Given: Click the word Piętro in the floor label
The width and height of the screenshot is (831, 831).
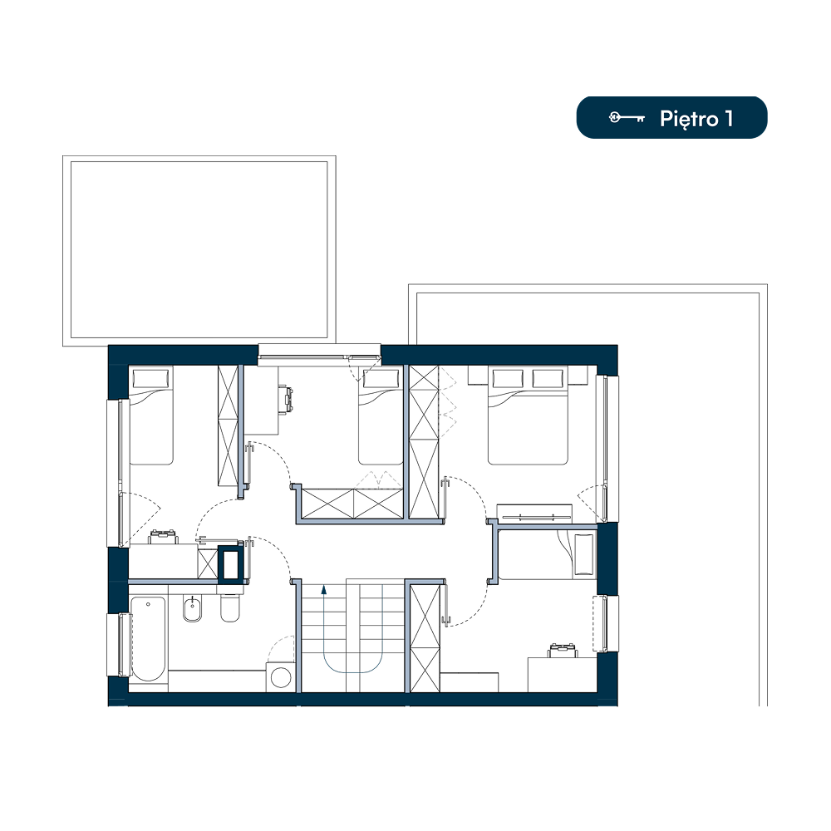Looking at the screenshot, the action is coord(688,119).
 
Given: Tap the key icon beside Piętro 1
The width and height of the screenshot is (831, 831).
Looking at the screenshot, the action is coord(627,118).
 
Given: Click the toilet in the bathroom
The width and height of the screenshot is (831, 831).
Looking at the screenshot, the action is coord(230,607).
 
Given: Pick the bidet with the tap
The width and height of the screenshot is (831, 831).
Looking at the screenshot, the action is coord(192,608).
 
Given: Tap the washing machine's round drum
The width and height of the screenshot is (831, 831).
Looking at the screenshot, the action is coord(280,677).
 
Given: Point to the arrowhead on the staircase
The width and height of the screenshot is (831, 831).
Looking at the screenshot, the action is coord(324,589).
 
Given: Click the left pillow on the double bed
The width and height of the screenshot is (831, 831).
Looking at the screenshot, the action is coord(508,378).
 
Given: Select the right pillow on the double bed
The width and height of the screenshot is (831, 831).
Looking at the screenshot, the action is coord(548,378).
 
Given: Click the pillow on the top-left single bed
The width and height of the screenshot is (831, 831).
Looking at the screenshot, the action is coord(151,378).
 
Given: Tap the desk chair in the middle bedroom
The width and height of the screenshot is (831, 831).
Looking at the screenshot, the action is coord(288,399).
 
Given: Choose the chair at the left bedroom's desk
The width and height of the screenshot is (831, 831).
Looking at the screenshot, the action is coord(163,536).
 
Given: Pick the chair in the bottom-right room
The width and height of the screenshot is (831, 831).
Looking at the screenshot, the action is coord(562,651).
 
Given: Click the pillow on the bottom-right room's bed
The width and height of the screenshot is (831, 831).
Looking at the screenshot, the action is coord(584,555).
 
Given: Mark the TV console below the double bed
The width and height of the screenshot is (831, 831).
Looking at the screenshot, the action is coord(534,514).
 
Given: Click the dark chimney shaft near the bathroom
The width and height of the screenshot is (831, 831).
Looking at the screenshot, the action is coord(230,564).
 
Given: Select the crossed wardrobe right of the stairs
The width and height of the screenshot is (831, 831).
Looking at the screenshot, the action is coord(425,638).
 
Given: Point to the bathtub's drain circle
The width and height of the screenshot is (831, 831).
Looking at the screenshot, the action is coord(149,603).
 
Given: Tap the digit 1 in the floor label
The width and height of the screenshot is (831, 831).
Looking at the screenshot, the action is coord(730,119).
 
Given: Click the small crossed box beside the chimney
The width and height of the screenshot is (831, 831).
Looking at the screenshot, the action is coord(208,564).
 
